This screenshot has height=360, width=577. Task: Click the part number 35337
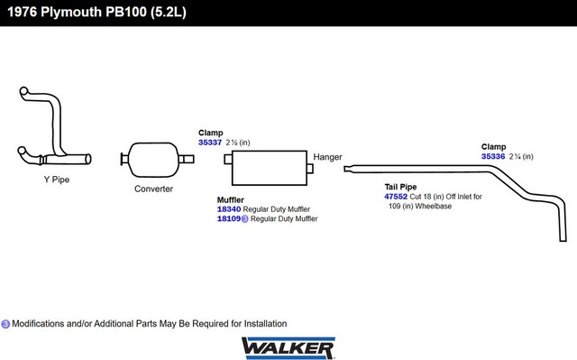point(210,143)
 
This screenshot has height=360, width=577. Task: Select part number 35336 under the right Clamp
point(493,156)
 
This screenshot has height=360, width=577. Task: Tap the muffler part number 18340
point(229,209)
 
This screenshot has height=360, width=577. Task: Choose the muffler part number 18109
point(229,218)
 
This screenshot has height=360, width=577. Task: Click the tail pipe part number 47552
point(396,197)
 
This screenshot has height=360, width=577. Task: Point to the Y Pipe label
point(57,180)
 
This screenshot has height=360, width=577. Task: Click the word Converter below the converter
point(153,189)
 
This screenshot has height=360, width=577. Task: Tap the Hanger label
point(327,157)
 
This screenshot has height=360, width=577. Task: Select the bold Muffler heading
point(231,200)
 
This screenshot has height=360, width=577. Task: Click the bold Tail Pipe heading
point(400,187)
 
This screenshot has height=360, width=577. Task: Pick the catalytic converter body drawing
point(154,160)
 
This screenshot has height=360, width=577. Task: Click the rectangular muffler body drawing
point(270,168)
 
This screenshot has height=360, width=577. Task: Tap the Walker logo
point(288,348)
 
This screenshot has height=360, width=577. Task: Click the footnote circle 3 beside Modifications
point(5,324)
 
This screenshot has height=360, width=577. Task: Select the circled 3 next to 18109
point(244,219)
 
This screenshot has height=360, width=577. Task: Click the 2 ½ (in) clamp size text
point(238,143)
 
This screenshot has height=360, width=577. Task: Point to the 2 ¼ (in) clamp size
point(521,156)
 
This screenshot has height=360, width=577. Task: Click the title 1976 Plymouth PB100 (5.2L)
point(96,12)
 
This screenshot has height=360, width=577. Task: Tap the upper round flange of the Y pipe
point(23,91)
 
